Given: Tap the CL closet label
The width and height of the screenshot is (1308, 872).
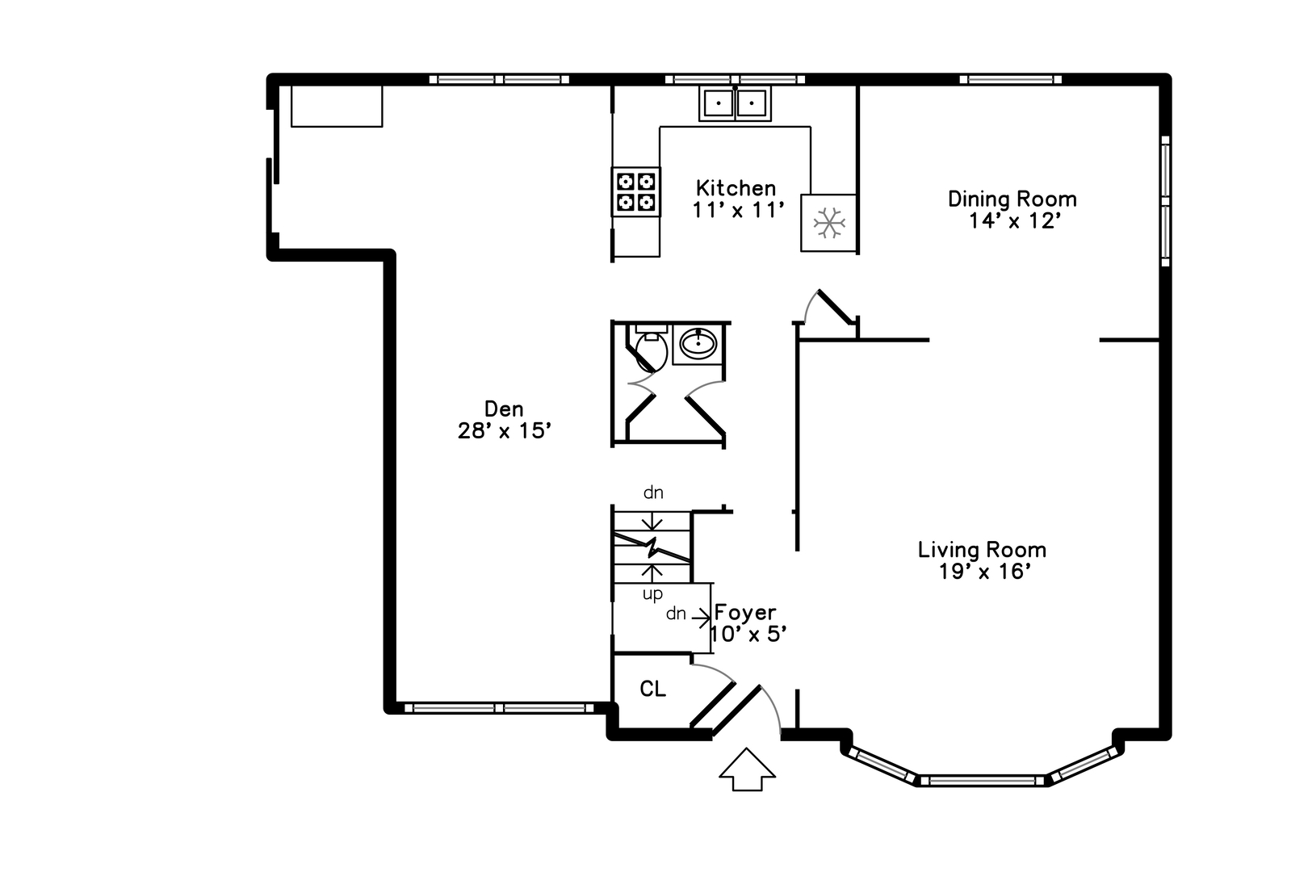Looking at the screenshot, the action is point(653,690).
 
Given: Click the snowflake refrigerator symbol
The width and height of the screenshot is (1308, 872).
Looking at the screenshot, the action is point(829,223).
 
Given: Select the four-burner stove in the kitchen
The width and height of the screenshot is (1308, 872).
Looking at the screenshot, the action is point(636,191).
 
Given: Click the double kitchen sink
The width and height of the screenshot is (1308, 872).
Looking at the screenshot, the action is point(736,103).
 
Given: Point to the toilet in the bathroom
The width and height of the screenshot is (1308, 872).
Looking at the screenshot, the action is point(650,348).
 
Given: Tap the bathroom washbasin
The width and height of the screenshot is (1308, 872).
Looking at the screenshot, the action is point(698,346).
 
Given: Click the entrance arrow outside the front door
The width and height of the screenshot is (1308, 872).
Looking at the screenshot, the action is point(748,769).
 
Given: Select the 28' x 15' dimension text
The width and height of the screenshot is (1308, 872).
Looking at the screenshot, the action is point(505,431).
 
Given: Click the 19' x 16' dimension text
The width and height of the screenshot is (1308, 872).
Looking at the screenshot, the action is point(984,572).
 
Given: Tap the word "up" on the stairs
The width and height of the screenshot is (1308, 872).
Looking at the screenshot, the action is point(653,594).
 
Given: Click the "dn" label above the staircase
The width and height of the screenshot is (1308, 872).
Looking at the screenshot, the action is point(653,493).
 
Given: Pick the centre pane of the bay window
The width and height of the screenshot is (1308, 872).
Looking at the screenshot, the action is point(982,780).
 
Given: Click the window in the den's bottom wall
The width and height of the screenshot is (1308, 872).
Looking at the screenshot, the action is point(499,708).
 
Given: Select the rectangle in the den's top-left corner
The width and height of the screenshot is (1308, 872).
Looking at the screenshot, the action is point(337,107).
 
